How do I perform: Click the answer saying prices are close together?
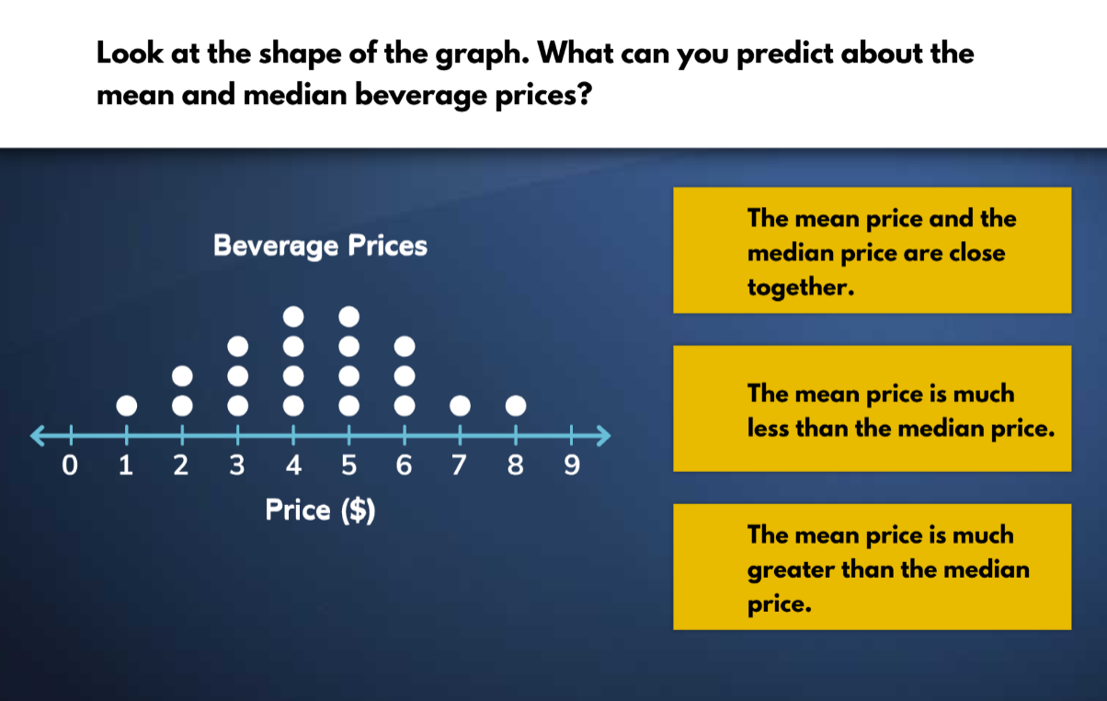[x=872, y=250]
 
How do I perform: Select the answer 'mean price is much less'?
[x=872, y=408]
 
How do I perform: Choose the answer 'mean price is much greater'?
[x=872, y=567]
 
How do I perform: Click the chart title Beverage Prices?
[x=320, y=247]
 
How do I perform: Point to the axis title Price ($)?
[x=320, y=510]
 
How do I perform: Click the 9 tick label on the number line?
[x=571, y=466]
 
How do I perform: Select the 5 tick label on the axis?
[x=348, y=466]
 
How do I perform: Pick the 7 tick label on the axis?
[x=460, y=466]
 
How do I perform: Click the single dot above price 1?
[x=126, y=405]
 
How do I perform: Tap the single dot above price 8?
[x=516, y=405]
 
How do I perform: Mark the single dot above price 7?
[x=460, y=405]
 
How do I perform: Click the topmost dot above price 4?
[x=293, y=316]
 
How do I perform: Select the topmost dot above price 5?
[x=348, y=316]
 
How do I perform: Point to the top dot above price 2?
[x=182, y=375]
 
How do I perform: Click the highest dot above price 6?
[x=405, y=346]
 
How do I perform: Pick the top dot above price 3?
[x=237, y=346]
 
